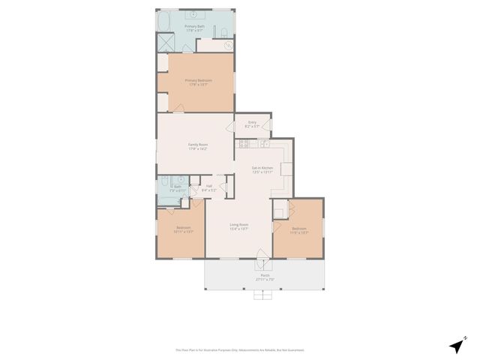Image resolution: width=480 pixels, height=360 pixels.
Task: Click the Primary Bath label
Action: tap(196, 28)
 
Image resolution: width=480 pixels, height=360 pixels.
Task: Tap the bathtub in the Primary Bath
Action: tap(163, 22)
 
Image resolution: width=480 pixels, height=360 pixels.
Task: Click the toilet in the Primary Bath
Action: tap(225, 31)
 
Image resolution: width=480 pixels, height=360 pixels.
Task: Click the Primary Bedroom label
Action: tap(199, 82)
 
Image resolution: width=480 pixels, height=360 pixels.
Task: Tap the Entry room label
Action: tap(252, 124)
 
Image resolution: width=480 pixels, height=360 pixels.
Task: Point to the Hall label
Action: tap(208, 187)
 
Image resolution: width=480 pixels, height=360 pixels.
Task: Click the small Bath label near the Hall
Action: tap(178, 188)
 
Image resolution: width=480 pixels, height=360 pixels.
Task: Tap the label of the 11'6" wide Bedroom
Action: tap(298, 230)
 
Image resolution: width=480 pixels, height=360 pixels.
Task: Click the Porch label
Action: tap(265, 277)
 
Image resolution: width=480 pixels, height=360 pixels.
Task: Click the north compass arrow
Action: tap(456, 346)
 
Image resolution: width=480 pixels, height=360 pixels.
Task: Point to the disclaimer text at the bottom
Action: tap(240, 349)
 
